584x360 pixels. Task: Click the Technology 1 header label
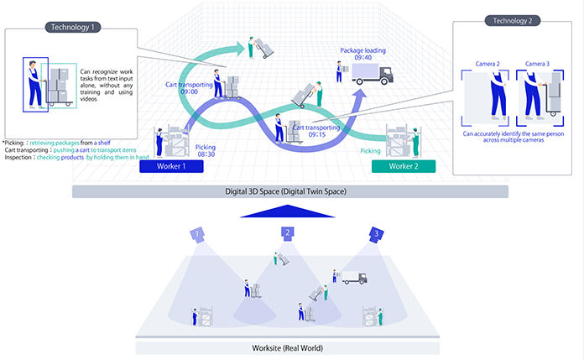pyautogui.click(x=71, y=27)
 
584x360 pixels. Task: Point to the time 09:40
pyautogui.click(x=362, y=59)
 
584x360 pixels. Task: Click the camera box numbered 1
pyautogui.click(x=197, y=232)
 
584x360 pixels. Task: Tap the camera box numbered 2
pyautogui.click(x=287, y=232)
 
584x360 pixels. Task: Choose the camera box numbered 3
pyautogui.click(x=378, y=232)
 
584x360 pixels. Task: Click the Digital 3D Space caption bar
pyautogui.click(x=290, y=191)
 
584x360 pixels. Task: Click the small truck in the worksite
pyautogui.click(x=353, y=277)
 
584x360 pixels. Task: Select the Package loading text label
pyautogui.click(x=362, y=50)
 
